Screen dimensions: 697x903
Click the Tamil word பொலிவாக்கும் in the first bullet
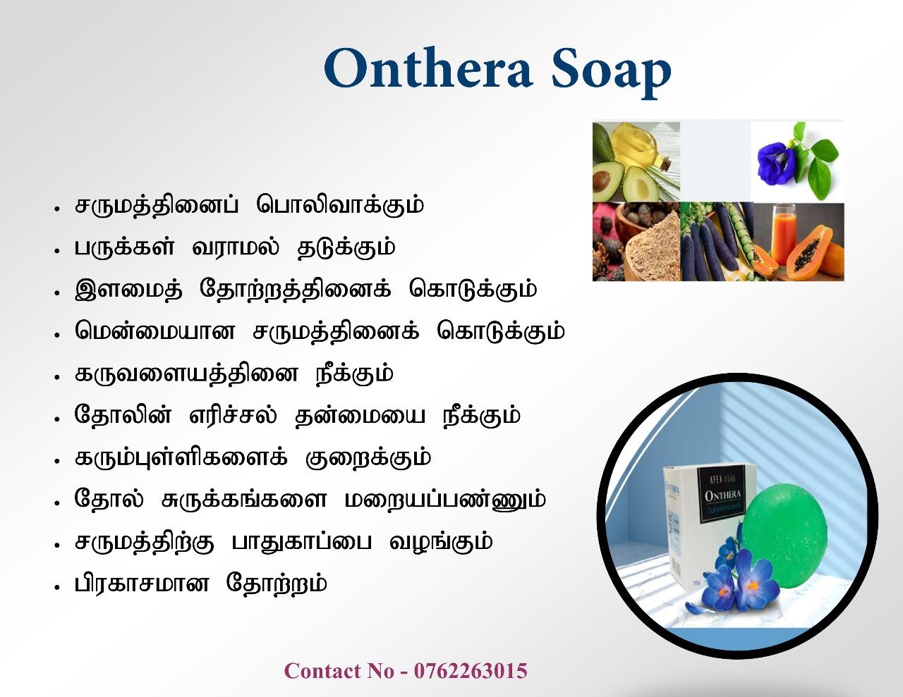(x=340, y=205)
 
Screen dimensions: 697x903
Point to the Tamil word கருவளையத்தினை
(x=186, y=374)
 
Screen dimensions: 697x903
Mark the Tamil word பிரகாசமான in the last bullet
(x=142, y=584)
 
